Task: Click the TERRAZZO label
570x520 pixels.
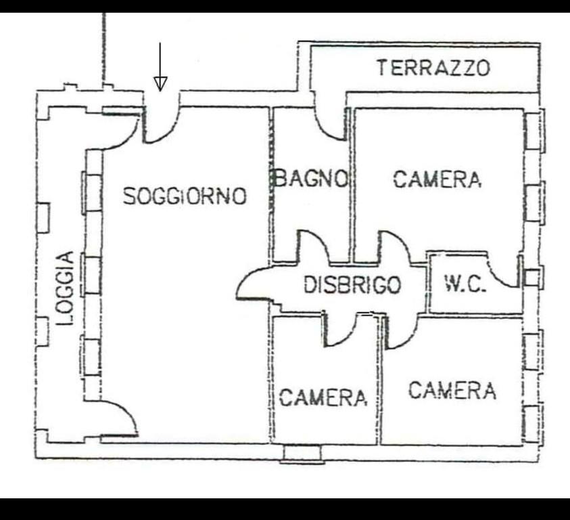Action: pyautogui.click(x=433, y=68)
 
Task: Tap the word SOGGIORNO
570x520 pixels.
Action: pyautogui.click(x=185, y=196)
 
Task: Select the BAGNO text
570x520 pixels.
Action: pyautogui.click(x=311, y=179)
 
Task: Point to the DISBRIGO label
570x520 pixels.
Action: pyautogui.click(x=352, y=285)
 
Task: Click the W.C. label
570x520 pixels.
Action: pyautogui.click(x=465, y=284)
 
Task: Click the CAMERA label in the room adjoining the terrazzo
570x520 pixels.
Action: pyautogui.click(x=437, y=179)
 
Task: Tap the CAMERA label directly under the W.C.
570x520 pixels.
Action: pyautogui.click(x=452, y=391)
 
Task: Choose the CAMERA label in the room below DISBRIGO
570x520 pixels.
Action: pyautogui.click(x=323, y=397)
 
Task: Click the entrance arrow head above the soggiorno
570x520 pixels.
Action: pyautogui.click(x=160, y=83)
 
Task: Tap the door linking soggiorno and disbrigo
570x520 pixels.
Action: pyautogui.click(x=254, y=284)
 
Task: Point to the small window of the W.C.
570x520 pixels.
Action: pyautogui.click(x=533, y=278)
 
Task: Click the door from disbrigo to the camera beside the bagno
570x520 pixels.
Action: pyautogui.click(x=394, y=247)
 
